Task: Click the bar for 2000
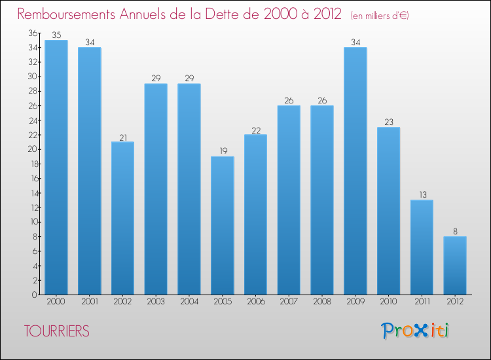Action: (x=56, y=167)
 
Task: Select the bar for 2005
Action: (x=222, y=225)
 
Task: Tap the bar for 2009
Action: (x=355, y=171)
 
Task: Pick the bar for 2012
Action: (x=455, y=265)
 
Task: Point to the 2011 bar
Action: (x=422, y=247)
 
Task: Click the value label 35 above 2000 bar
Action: (x=56, y=35)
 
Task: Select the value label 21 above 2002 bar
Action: (x=122, y=137)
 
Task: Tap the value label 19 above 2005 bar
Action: (x=222, y=152)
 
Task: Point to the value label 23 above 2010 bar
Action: (x=388, y=122)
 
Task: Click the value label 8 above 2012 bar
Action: (x=455, y=232)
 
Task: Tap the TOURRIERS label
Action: (x=56, y=331)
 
